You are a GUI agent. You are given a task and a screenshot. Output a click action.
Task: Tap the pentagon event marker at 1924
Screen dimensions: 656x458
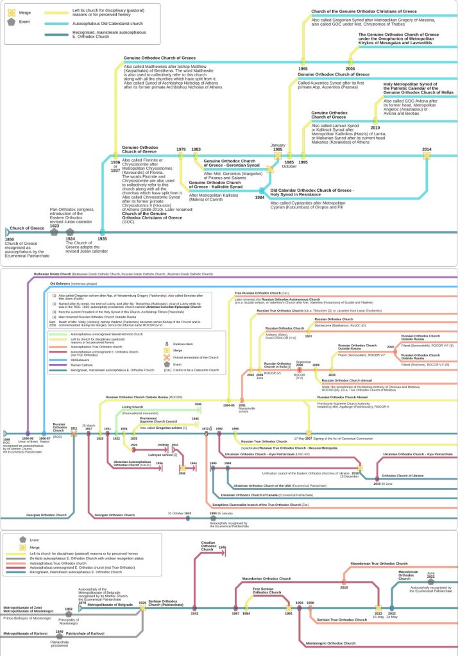tap(70, 231)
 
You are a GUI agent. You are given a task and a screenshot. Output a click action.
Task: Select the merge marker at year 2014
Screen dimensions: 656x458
tap(427, 155)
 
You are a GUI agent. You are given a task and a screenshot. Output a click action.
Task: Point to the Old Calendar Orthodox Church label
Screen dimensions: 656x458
tap(312, 191)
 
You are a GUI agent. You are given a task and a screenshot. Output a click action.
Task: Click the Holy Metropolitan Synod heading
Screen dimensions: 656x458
tap(418, 88)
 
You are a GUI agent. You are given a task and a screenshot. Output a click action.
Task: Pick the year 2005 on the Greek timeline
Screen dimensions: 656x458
tap(350, 68)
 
